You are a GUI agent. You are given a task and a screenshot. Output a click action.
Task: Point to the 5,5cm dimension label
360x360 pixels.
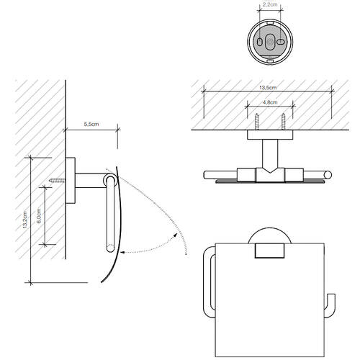tap(91, 125)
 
